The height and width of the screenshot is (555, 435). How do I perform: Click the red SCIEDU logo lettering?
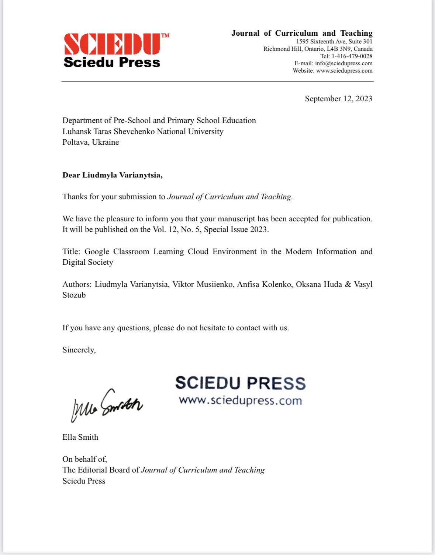112,45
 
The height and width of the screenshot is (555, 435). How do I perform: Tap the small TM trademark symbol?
165,36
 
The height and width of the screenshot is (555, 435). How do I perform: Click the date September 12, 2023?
338,99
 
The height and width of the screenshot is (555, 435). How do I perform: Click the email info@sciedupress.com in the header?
343,63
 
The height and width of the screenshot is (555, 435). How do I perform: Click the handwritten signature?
106,405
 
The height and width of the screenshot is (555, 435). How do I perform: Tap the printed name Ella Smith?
80,437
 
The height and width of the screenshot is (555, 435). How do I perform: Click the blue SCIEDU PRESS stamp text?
240,383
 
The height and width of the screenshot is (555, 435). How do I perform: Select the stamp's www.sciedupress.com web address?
240,400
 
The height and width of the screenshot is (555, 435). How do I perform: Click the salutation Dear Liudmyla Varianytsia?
112,175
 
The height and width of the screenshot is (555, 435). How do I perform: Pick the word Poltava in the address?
75,142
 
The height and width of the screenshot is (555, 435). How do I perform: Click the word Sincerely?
79,350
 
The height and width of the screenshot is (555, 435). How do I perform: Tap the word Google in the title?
97,252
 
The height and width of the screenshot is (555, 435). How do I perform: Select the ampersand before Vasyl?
348,284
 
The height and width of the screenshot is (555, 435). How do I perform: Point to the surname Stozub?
74,295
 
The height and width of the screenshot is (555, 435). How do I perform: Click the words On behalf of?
84,459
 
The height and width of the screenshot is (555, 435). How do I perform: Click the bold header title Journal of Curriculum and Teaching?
302,33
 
